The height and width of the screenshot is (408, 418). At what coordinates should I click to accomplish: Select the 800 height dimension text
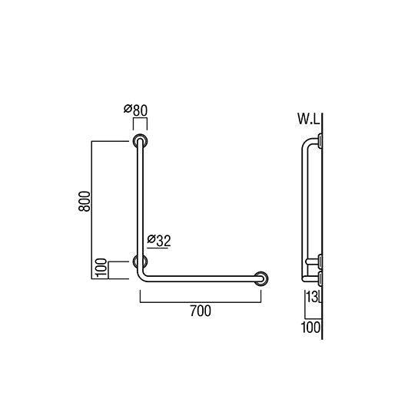tap(86, 201)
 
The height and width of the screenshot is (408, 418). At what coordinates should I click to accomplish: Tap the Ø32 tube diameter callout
tap(158, 240)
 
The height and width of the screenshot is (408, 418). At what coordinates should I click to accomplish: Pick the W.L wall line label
tap(309, 120)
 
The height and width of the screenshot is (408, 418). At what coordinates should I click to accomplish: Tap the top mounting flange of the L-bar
tap(140, 141)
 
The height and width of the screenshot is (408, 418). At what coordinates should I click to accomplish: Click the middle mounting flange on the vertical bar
tap(140, 262)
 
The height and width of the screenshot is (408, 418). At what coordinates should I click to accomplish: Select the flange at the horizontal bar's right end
tap(261, 278)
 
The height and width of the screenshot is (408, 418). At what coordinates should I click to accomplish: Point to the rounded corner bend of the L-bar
tap(144, 275)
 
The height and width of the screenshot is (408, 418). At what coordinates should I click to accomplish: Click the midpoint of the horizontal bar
tap(201, 278)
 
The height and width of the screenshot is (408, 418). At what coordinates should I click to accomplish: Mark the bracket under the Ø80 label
tap(140, 123)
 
